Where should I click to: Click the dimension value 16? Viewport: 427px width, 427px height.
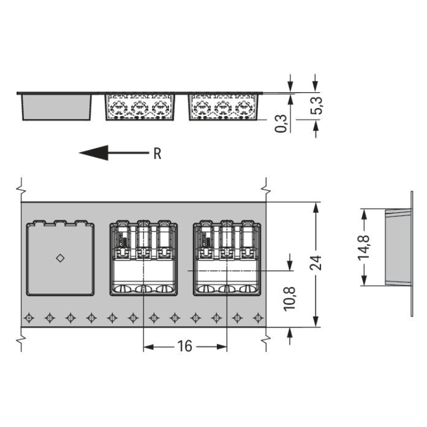click(x=184, y=346)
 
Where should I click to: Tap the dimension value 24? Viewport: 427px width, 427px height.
click(x=315, y=263)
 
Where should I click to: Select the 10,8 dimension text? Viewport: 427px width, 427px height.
click(x=289, y=299)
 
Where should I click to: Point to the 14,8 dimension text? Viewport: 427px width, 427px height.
click(x=364, y=247)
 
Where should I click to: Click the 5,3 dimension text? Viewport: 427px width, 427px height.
click(x=317, y=105)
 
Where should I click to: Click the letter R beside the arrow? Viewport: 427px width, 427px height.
click(x=157, y=154)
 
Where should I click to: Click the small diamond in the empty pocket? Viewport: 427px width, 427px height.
click(x=60, y=258)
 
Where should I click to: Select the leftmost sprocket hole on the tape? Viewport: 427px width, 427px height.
click(x=29, y=318)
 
